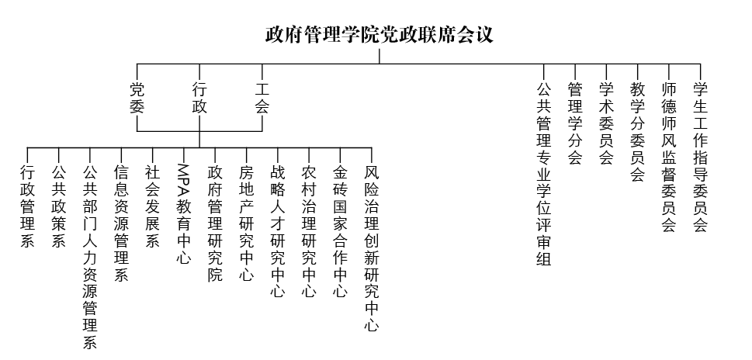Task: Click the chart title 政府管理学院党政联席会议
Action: click(379, 35)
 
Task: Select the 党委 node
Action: click(137, 98)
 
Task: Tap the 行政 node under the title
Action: click(199, 98)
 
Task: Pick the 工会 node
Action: click(262, 98)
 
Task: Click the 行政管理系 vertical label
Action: click(28, 205)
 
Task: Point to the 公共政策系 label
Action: click(59, 205)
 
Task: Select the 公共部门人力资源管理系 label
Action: click(90, 256)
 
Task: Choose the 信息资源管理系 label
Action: click(121, 222)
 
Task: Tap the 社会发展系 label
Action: click(152, 205)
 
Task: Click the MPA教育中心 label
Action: click(183, 213)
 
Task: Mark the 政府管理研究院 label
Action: click(215, 222)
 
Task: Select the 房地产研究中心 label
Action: click(246, 222)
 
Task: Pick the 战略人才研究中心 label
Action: click(277, 230)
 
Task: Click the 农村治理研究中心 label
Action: click(309, 230)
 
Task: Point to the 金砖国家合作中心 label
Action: click(340, 230)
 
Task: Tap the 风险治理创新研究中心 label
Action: click(371, 247)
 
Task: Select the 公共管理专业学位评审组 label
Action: click(543, 174)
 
